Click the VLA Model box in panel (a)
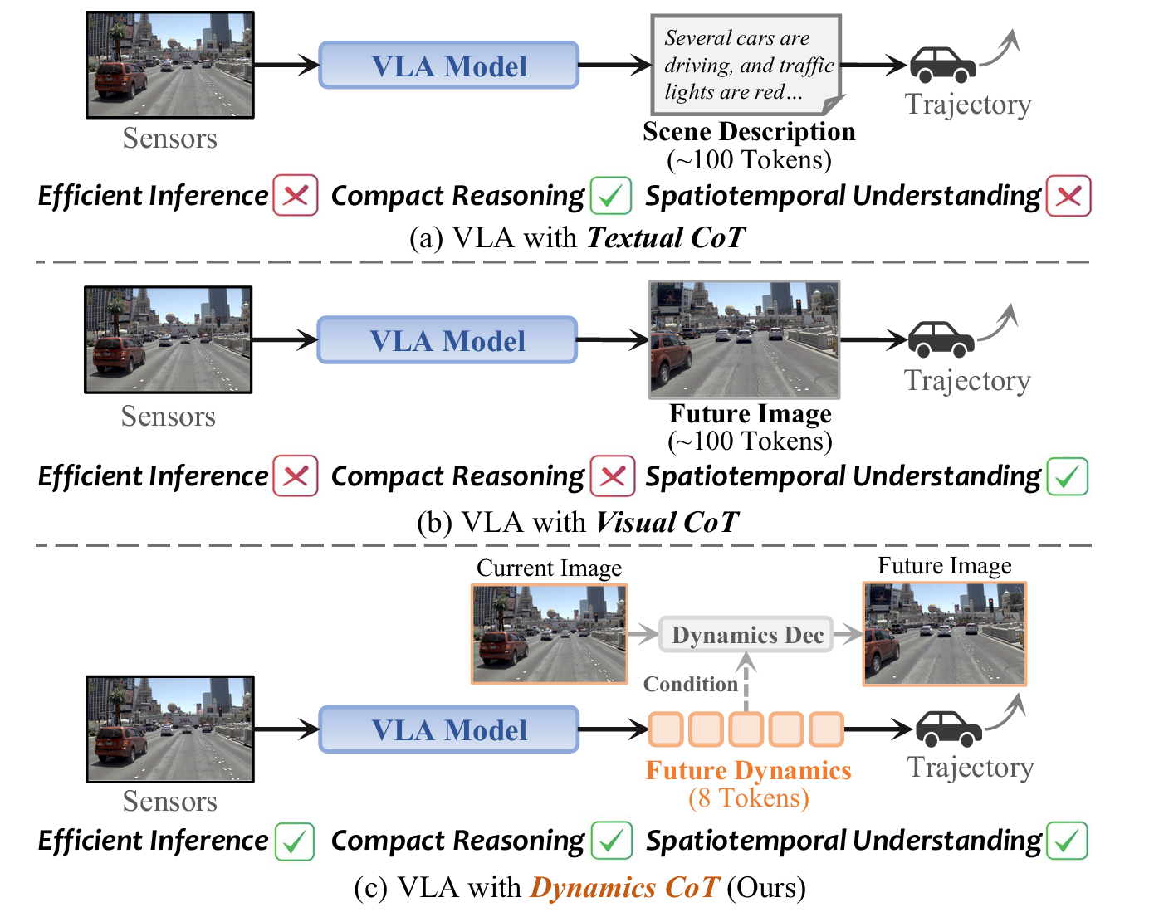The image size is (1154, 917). (448, 66)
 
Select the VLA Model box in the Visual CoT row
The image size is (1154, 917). (447, 340)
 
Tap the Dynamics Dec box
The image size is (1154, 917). (746, 635)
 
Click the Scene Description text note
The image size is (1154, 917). (746, 65)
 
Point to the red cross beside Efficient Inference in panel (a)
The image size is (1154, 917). (296, 196)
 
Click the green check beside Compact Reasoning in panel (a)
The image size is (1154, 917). (611, 196)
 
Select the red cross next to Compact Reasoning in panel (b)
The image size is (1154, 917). (613, 476)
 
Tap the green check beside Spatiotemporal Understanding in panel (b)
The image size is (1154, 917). (1068, 476)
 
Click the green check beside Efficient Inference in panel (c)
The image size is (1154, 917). (295, 841)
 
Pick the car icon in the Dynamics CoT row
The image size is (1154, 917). (948, 729)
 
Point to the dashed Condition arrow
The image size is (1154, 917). (746, 680)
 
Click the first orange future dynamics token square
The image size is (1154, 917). (666, 729)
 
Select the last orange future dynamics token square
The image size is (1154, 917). (826, 729)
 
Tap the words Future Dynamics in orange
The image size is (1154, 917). (748, 770)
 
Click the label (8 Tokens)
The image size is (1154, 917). (748, 797)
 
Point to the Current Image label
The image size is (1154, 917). (549, 568)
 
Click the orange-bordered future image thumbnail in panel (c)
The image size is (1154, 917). (945, 634)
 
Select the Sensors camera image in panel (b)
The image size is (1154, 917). (169, 340)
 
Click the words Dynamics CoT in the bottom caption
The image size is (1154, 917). (624, 888)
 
